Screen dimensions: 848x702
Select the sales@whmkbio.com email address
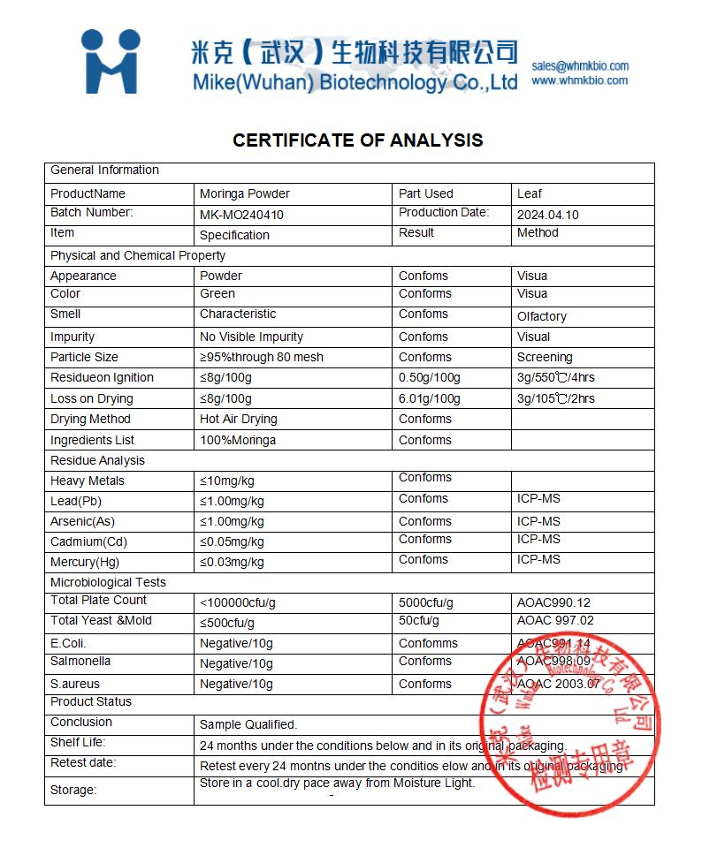point(580,65)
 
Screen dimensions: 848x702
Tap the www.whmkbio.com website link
point(580,80)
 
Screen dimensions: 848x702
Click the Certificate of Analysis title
point(358,140)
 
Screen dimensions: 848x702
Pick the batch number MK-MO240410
point(241,215)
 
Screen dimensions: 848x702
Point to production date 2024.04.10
point(547,215)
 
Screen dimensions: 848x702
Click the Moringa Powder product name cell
point(245,193)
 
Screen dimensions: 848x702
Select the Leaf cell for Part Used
point(530,193)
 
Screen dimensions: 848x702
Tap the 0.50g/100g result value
point(430,378)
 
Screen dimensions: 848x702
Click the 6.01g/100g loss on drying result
point(430,398)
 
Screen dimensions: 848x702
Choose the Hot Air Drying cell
point(239,419)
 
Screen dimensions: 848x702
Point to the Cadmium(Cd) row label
point(88,541)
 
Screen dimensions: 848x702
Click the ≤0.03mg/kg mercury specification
point(232,562)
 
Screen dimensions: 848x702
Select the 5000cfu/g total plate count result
point(426,602)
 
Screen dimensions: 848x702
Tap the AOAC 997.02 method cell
point(555,620)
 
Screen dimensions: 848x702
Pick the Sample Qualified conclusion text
point(248,724)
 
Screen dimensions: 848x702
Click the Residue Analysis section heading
point(97,460)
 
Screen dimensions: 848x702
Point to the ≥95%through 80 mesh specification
point(262,357)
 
